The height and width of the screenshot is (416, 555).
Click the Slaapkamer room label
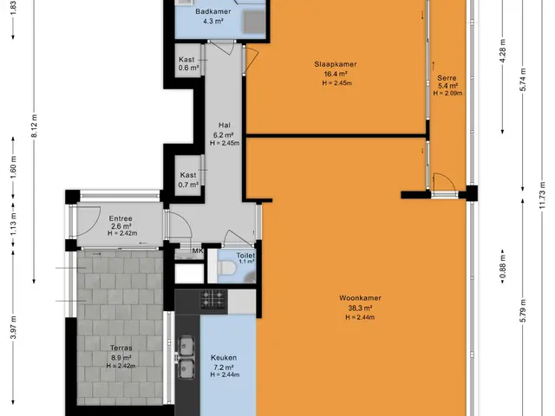click(x=336, y=64)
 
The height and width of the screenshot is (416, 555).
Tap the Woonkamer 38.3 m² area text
click(x=360, y=308)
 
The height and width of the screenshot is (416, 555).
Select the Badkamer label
click(x=212, y=11)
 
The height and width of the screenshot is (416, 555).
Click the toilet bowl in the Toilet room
click(x=225, y=267)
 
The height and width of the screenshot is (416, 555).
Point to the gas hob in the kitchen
click(x=213, y=299)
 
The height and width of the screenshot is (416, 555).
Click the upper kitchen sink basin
click(x=185, y=345)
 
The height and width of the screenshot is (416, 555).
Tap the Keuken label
click(x=224, y=358)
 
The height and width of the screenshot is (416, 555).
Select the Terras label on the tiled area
click(x=121, y=348)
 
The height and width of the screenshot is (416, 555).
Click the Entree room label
click(x=121, y=218)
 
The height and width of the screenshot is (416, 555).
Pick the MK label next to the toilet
click(x=198, y=250)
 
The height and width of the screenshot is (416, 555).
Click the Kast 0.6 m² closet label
click(x=188, y=63)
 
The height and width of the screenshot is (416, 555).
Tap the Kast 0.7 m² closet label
click(x=188, y=179)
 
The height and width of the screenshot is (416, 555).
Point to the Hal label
click(x=225, y=125)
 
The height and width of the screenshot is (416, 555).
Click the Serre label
click(x=447, y=78)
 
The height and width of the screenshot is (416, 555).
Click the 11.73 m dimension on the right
click(x=542, y=195)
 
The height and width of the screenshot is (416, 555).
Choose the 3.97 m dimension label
click(x=13, y=328)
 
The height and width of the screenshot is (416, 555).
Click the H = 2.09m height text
click(x=447, y=94)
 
